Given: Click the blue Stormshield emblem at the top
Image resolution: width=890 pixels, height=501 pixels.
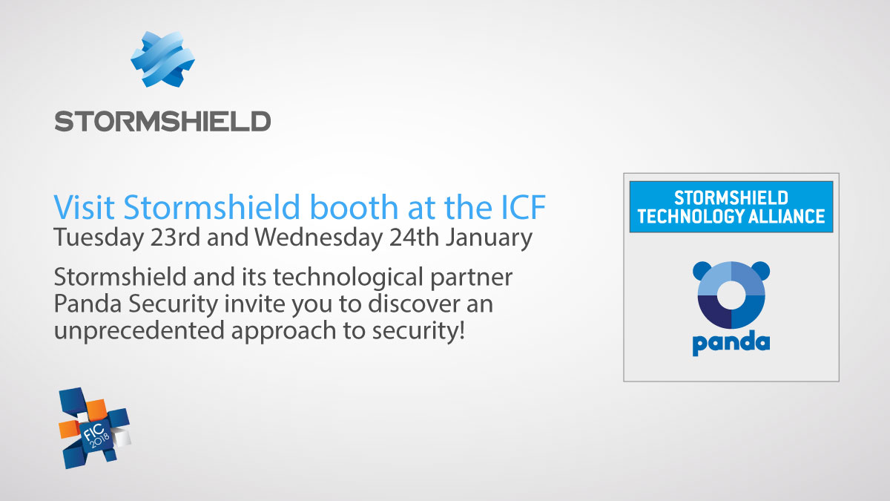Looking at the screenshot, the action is tap(163, 59).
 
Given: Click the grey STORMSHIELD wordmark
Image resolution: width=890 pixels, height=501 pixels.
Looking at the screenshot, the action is tap(163, 121).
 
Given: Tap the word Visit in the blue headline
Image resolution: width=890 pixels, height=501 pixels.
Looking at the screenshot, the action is tap(85, 207).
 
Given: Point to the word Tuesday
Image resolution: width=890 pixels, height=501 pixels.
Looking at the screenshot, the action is tap(99, 238).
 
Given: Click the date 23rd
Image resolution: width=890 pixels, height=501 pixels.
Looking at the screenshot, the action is tap(175, 238).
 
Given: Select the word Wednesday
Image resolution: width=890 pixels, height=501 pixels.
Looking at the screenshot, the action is tap(319, 238).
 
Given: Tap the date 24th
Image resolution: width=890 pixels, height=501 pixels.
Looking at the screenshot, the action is tap(414, 238).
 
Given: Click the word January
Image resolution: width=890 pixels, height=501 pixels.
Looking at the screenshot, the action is tap(489, 238).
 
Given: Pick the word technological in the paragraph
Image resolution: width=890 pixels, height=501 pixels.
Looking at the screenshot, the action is tap(348, 277).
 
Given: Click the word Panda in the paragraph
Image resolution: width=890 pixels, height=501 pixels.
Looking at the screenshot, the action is tap(88, 304).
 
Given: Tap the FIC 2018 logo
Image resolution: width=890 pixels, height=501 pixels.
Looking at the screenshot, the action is tap(95, 428).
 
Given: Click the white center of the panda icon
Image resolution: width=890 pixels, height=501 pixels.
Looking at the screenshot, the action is tap(731, 295).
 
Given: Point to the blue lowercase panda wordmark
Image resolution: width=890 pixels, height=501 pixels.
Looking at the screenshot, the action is tap(731, 343).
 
